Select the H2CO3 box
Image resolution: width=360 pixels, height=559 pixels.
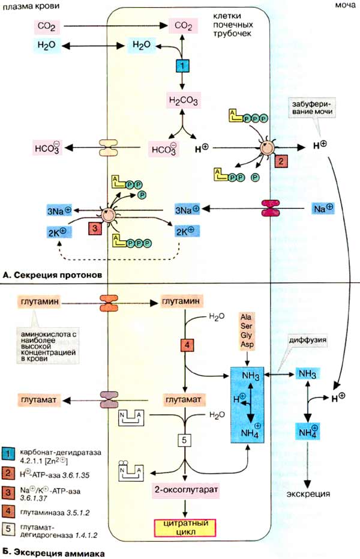182,100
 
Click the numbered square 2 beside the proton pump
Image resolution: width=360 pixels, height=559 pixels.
280,161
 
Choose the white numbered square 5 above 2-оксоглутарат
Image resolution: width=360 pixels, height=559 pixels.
185,440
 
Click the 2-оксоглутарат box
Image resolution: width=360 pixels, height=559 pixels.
185,489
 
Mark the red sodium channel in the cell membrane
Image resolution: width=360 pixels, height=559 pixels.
271,208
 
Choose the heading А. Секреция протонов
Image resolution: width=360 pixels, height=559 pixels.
51,275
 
